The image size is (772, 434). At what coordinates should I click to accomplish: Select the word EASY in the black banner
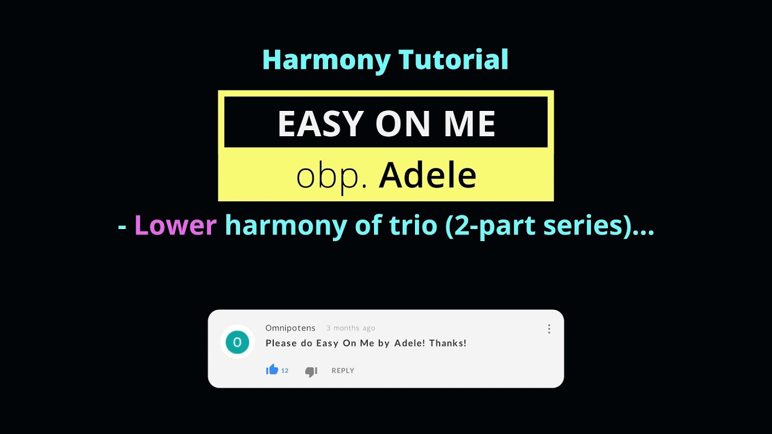point(320,124)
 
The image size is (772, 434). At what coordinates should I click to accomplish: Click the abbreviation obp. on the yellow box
point(331,175)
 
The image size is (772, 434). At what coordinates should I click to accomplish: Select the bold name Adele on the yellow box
point(428,175)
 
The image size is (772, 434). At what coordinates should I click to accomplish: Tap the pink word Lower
point(175,225)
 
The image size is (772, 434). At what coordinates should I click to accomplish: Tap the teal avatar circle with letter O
point(237,342)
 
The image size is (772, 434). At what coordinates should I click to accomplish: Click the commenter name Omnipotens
point(290,328)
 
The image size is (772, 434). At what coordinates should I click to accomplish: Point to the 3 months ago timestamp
point(350,329)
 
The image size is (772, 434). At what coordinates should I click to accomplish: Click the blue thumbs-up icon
point(272,370)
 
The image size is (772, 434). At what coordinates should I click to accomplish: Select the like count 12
point(285,371)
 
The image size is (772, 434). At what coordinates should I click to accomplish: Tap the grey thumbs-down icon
point(311,372)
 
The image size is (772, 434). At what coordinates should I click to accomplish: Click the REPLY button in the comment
point(343,371)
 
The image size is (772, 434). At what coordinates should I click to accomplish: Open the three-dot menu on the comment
point(549,329)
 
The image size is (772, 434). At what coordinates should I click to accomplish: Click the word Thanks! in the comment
point(448,343)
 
